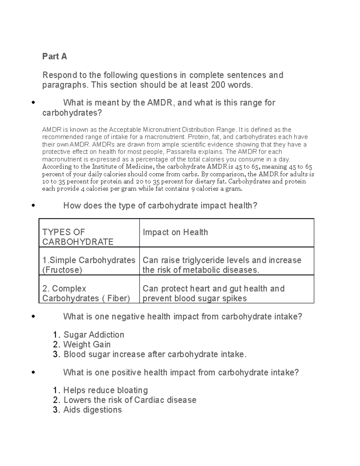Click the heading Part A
tap(54, 56)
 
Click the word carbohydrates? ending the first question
tap(72, 113)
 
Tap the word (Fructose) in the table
tap(62, 270)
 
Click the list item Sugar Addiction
tap(94, 335)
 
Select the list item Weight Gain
tap(87, 344)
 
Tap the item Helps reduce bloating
tap(106, 390)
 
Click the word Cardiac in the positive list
tap(149, 400)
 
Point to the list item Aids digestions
tap(92, 410)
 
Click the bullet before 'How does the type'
tap(33, 206)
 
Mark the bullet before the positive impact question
tap(33, 373)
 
